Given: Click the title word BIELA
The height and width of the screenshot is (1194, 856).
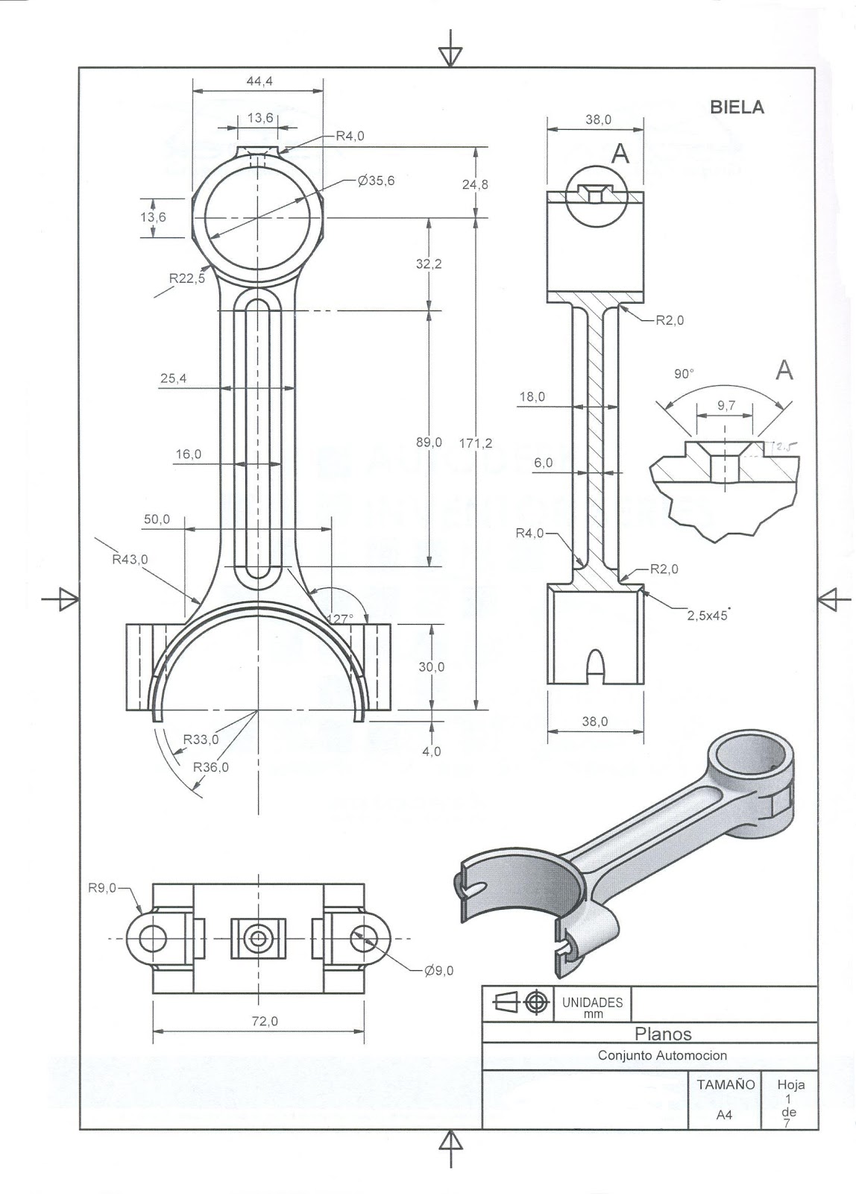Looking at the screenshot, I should click(737, 107).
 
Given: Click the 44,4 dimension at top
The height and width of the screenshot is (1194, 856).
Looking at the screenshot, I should click(259, 81).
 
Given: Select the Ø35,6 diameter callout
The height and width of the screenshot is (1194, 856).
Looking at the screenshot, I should click(376, 181).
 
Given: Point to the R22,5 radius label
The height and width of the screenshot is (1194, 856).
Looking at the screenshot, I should click(186, 278).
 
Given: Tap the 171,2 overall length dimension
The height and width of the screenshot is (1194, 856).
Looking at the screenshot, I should click(476, 443).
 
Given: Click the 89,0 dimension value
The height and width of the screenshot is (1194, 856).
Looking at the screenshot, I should click(429, 443).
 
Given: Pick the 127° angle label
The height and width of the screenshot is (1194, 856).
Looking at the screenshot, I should click(340, 619).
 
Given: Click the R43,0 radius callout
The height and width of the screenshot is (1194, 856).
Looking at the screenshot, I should click(130, 559).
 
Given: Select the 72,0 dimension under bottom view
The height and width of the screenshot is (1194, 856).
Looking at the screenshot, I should click(264, 1021).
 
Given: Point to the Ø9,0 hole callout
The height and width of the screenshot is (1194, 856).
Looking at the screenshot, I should click(438, 970).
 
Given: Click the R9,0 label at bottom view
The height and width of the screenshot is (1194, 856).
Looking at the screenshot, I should click(101, 888).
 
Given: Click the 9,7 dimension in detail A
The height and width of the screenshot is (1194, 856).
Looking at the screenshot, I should click(726, 405).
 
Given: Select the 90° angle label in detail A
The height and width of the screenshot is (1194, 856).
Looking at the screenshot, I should click(683, 374).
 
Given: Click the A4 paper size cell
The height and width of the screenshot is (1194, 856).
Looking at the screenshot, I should click(723, 1114).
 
